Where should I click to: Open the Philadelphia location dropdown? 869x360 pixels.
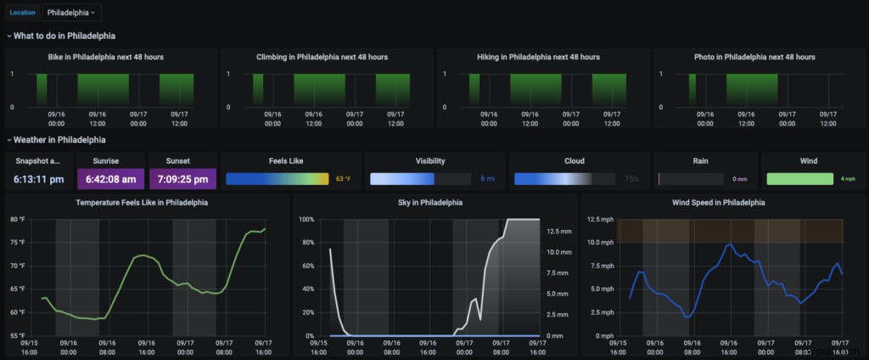click(x=72, y=13)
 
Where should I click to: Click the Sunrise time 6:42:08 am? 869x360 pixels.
click(x=111, y=179)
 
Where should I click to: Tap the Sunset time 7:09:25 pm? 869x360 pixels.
click(x=182, y=179)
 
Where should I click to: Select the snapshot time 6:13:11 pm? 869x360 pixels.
click(x=39, y=179)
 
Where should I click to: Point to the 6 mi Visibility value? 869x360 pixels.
click(x=488, y=179)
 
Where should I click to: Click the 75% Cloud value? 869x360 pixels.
click(x=631, y=179)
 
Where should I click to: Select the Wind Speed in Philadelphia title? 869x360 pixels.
click(x=719, y=203)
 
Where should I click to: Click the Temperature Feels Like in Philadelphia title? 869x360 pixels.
click(x=142, y=203)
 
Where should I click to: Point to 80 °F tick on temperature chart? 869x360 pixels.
click(x=17, y=220)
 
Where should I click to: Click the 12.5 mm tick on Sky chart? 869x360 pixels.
click(x=558, y=231)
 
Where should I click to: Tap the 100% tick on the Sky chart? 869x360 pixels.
click(x=307, y=220)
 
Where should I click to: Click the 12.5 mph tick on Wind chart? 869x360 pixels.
click(x=598, y=220)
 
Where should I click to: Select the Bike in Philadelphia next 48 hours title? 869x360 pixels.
click(x=106, y=57)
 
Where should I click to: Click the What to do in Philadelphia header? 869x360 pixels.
click(x=64, y=36)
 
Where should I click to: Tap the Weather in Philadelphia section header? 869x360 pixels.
click(x=59, y=139)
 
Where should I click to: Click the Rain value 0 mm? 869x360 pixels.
click(x=740, y=179)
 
